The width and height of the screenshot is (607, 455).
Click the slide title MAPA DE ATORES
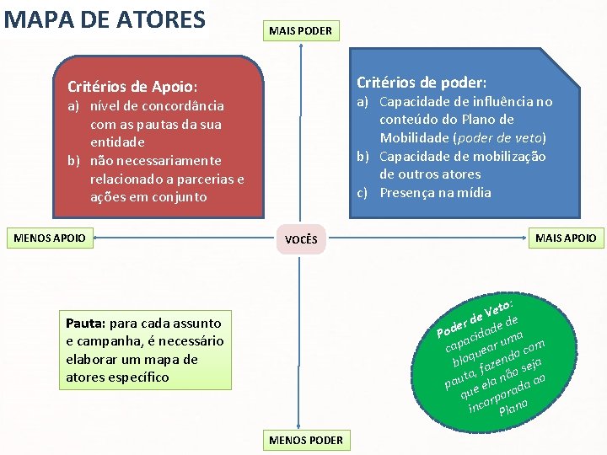click(x=105, y=19)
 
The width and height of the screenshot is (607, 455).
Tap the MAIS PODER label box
click(x=300, y=31)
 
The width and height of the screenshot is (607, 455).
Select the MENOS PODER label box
click(x=305, y=440)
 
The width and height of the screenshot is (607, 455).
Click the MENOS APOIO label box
click(x=51, y=238)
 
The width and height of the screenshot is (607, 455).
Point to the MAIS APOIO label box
click(x=566, y=238)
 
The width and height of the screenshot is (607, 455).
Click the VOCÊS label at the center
click(x=301, y=239)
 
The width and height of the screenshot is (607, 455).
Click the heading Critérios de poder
click(x=422, y=83)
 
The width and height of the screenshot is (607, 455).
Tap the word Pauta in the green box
click(x=84, y=323)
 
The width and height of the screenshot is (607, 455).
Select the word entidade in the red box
click(x=117, y=142)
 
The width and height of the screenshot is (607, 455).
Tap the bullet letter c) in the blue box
click(x=365, y=193)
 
